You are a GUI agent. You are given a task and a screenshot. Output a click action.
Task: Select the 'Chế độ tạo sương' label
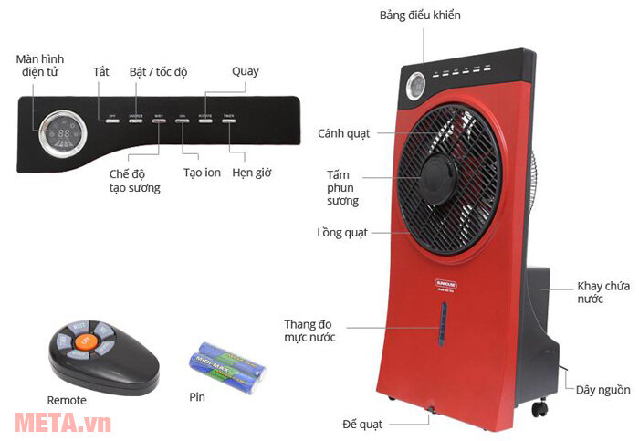(x=134, y=181)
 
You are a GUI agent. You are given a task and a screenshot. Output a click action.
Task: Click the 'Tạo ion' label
(x=203, y=173)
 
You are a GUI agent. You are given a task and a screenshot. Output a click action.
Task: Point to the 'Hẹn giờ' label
(x=251, y=173)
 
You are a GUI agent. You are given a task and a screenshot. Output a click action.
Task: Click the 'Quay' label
(x=246, y=71)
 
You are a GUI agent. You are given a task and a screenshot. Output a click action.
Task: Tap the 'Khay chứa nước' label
(x=603, y=292)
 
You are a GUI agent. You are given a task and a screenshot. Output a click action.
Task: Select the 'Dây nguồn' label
(x=602, y=390)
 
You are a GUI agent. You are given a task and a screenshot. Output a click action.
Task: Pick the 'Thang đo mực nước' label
(x=309, y=331)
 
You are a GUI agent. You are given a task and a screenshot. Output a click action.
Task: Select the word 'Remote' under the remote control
(x=67, y=400)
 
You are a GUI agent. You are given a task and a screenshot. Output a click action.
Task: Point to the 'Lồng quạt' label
(x=342, y=233)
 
